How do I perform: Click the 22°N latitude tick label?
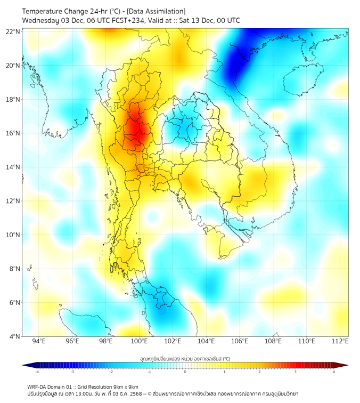(13, 31)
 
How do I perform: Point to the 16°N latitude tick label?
(13, 133)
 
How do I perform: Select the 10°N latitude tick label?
(13, 235)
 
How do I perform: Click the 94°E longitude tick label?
(39, 341)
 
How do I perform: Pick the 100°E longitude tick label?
(140, 341)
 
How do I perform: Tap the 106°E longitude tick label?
(240, 341)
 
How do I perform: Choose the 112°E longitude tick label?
(340, 341)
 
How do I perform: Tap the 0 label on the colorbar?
(185, 372)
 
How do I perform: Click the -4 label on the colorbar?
(37, 372)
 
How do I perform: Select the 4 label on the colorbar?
(334, 372)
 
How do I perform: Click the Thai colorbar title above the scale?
(185, 359)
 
